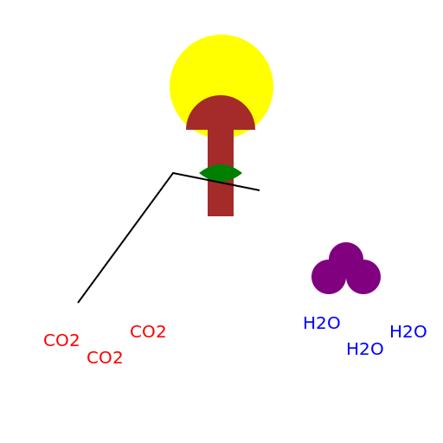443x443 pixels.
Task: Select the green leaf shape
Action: coord(221,173)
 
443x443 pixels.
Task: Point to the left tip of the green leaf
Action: coord(200,173)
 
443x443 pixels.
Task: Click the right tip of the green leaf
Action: coord(241,173)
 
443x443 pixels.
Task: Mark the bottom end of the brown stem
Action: coord(221,215)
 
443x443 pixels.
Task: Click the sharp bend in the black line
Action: coord(173,173)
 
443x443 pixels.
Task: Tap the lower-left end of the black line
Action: coord(78,303)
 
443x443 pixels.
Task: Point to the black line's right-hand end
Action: coord(259,190)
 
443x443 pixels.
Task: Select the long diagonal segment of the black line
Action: coord(125,238)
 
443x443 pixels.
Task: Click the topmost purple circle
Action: coord(346,258)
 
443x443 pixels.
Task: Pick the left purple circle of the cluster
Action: coord(329,277)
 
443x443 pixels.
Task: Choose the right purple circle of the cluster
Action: coord(363,277)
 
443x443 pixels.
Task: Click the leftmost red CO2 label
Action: coord(61,340)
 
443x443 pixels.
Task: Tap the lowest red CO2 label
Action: coord(105,357)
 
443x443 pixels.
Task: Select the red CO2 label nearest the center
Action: coord(148,331)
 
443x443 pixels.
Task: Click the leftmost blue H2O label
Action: coord(322,323)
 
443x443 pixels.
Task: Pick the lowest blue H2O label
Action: coord(365,349)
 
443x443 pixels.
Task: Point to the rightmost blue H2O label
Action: coord(408,331)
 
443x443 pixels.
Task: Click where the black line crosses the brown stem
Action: coord(221,183)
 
